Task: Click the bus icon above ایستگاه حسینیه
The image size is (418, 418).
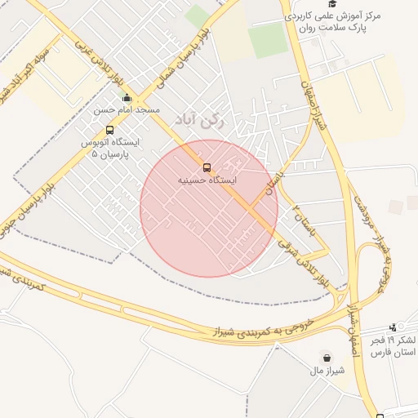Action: click(207, 168)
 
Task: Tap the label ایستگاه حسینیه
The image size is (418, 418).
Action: click(207, 180)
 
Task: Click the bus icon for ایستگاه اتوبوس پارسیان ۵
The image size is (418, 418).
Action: click(110, 130)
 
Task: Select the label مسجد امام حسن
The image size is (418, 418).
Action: click(127, 109)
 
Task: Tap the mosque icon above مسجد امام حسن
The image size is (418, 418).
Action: click(127, 99)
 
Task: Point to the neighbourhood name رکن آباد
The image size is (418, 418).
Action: click(198, 120)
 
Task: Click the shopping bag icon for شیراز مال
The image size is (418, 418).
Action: click(327, 358)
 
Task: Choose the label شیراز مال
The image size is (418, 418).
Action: click(327, 370)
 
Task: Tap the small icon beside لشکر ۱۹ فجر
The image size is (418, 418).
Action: click(394, 327)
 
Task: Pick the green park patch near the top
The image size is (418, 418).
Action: click(268, 41)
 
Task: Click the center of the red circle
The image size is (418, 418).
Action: click(209, 208)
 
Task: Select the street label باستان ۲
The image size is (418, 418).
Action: click(303, 218)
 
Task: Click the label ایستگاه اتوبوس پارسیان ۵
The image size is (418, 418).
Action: click(109, 147)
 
